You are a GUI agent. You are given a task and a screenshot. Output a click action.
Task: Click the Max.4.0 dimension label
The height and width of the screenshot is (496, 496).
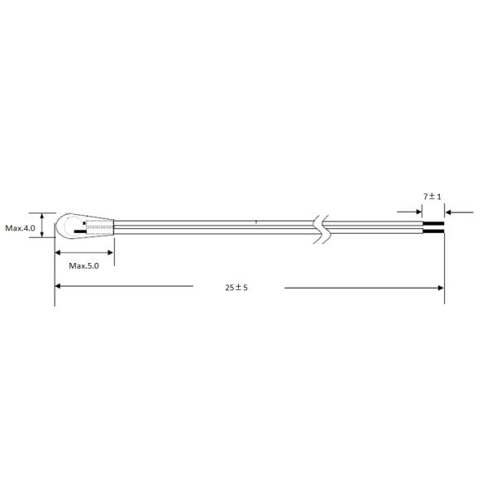[21, 227]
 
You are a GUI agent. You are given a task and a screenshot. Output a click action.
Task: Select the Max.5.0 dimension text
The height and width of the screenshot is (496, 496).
[83, 265]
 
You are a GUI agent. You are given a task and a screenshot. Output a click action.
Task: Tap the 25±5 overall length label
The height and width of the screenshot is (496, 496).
[236, 287]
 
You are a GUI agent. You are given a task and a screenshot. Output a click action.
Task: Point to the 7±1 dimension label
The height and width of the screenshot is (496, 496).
[432, 196]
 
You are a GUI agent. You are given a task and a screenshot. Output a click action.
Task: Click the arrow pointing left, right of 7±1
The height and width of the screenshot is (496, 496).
[451, 212]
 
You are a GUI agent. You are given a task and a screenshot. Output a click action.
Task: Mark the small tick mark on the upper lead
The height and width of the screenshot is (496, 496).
[256, 222]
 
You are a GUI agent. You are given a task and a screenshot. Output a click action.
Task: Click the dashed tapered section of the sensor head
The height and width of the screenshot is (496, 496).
[101, 227]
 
